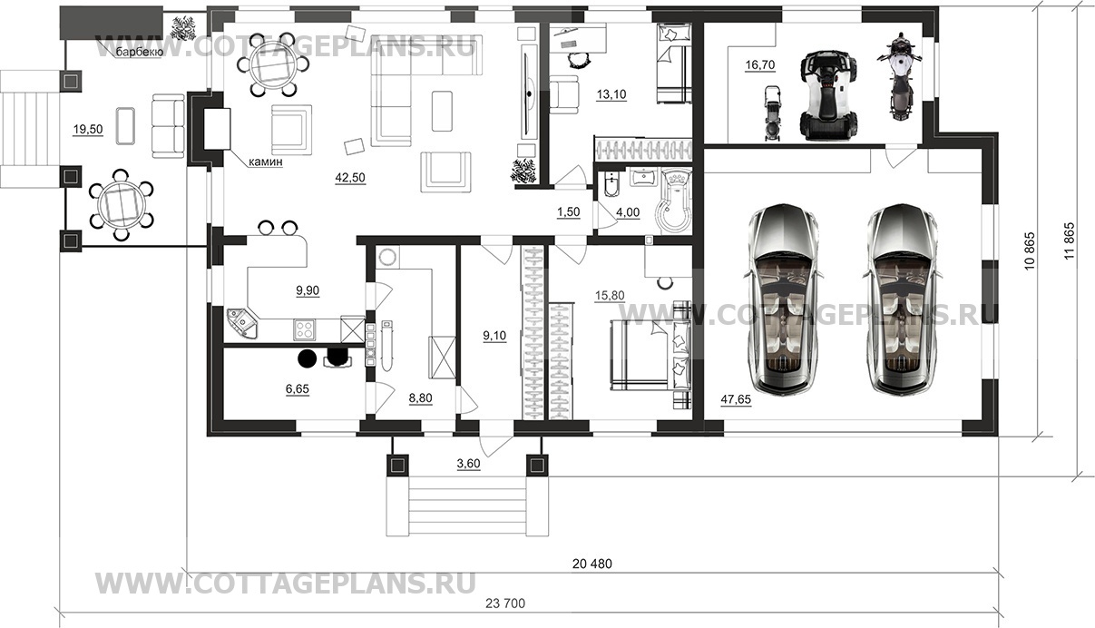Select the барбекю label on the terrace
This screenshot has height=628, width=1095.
coord(139,52)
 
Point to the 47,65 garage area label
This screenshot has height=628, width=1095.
coord(736,399)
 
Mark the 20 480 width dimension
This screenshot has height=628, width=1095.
coord(592,564)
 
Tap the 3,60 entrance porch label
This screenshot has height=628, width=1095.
coord(468,464)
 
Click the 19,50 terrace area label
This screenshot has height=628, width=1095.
coord(87,130)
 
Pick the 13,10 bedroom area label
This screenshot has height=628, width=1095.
coord(612,93)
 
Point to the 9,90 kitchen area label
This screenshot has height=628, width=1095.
coord(307,290)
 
